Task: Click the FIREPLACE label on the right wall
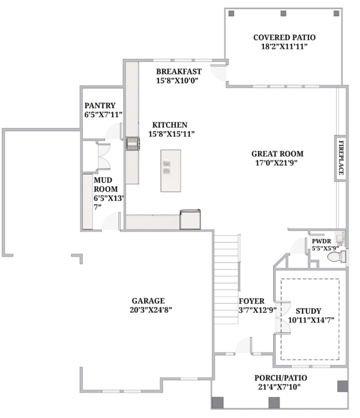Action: pyautogui.click(x=341, y=158)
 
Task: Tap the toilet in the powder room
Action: pyautogui.click(x=337, y=256)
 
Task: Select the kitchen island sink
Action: pyautogui.click(x=167, y=167)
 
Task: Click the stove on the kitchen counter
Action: pyautogui.click(x=133, y=144)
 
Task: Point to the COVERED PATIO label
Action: pyautogui.click(x=284, y=38)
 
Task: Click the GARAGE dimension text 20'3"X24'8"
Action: pyautogui.click(x=151, y=310)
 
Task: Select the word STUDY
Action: pyautogui.click(x=308, y=311)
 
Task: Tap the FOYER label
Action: pyautogui.click(x=251, y=301)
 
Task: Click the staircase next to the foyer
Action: pyautogui.click(x=226, y=279)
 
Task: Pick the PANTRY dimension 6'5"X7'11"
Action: pyautogui.click(x=103, y=115)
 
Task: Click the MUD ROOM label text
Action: pyautogui.click(x=106, y=184)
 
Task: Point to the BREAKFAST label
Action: pyautogui.click(x=179, y=71)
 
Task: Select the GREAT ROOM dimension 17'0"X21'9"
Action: pyautogui.click(x=277, y=163)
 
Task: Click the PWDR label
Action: pyautogui.click(x=322, y=241)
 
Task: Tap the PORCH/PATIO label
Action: pyautogui.click(x=281, y=378)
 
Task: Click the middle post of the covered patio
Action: pyautogui.click(x=283, y=13)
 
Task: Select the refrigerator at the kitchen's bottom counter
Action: pyautogui.click(x=190, y=219)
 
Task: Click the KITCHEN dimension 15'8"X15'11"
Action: pyautogui.click(x=172, y=134)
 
